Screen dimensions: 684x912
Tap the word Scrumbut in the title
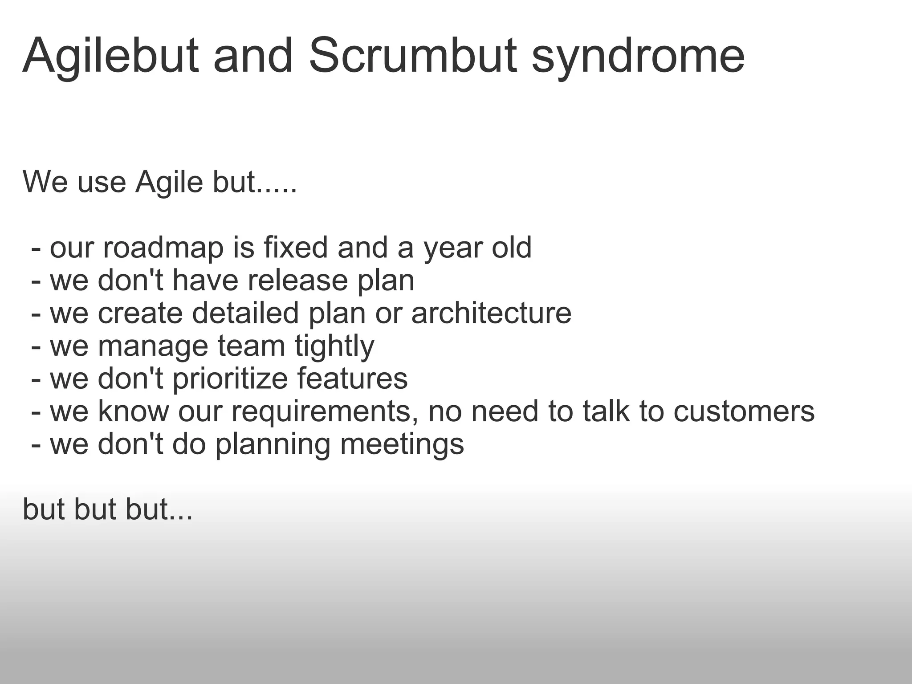click(x=413, y=56)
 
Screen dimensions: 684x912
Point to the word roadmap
click(x=163, y=248)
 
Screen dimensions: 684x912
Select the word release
click(x=297, y=281)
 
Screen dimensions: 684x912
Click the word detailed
click(x=245, y=313)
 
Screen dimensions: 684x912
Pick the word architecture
click(x=491, y=313)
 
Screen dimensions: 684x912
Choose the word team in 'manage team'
click(x=251, y=346)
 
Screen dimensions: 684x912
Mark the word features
click(x=352, y=379)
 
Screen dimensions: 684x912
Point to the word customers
click(x=744, y=411)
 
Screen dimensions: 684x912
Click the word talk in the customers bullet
click(x=606, y=411)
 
